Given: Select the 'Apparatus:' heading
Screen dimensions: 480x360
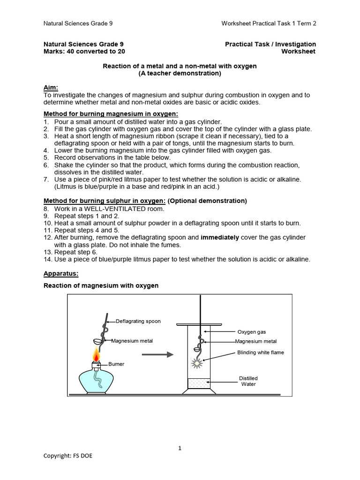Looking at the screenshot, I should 61,273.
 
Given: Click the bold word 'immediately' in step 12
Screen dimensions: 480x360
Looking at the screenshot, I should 220,238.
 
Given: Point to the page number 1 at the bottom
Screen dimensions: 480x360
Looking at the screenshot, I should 180,448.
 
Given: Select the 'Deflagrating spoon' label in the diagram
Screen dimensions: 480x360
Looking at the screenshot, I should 138,321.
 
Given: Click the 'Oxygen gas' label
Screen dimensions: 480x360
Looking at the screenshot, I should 252,332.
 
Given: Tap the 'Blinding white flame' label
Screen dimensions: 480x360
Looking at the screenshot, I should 261,352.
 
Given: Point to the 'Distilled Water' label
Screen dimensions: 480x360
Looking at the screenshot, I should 248,381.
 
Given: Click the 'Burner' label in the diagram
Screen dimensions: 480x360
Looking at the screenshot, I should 116,364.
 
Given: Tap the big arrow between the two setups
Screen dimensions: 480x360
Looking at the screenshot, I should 157,355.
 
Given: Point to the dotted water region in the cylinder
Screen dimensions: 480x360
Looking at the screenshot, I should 199,383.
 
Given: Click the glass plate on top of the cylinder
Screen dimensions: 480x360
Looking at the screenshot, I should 199,324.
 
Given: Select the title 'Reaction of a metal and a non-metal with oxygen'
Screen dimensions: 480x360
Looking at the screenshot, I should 180,66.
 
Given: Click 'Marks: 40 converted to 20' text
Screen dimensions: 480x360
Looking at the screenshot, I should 84,52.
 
